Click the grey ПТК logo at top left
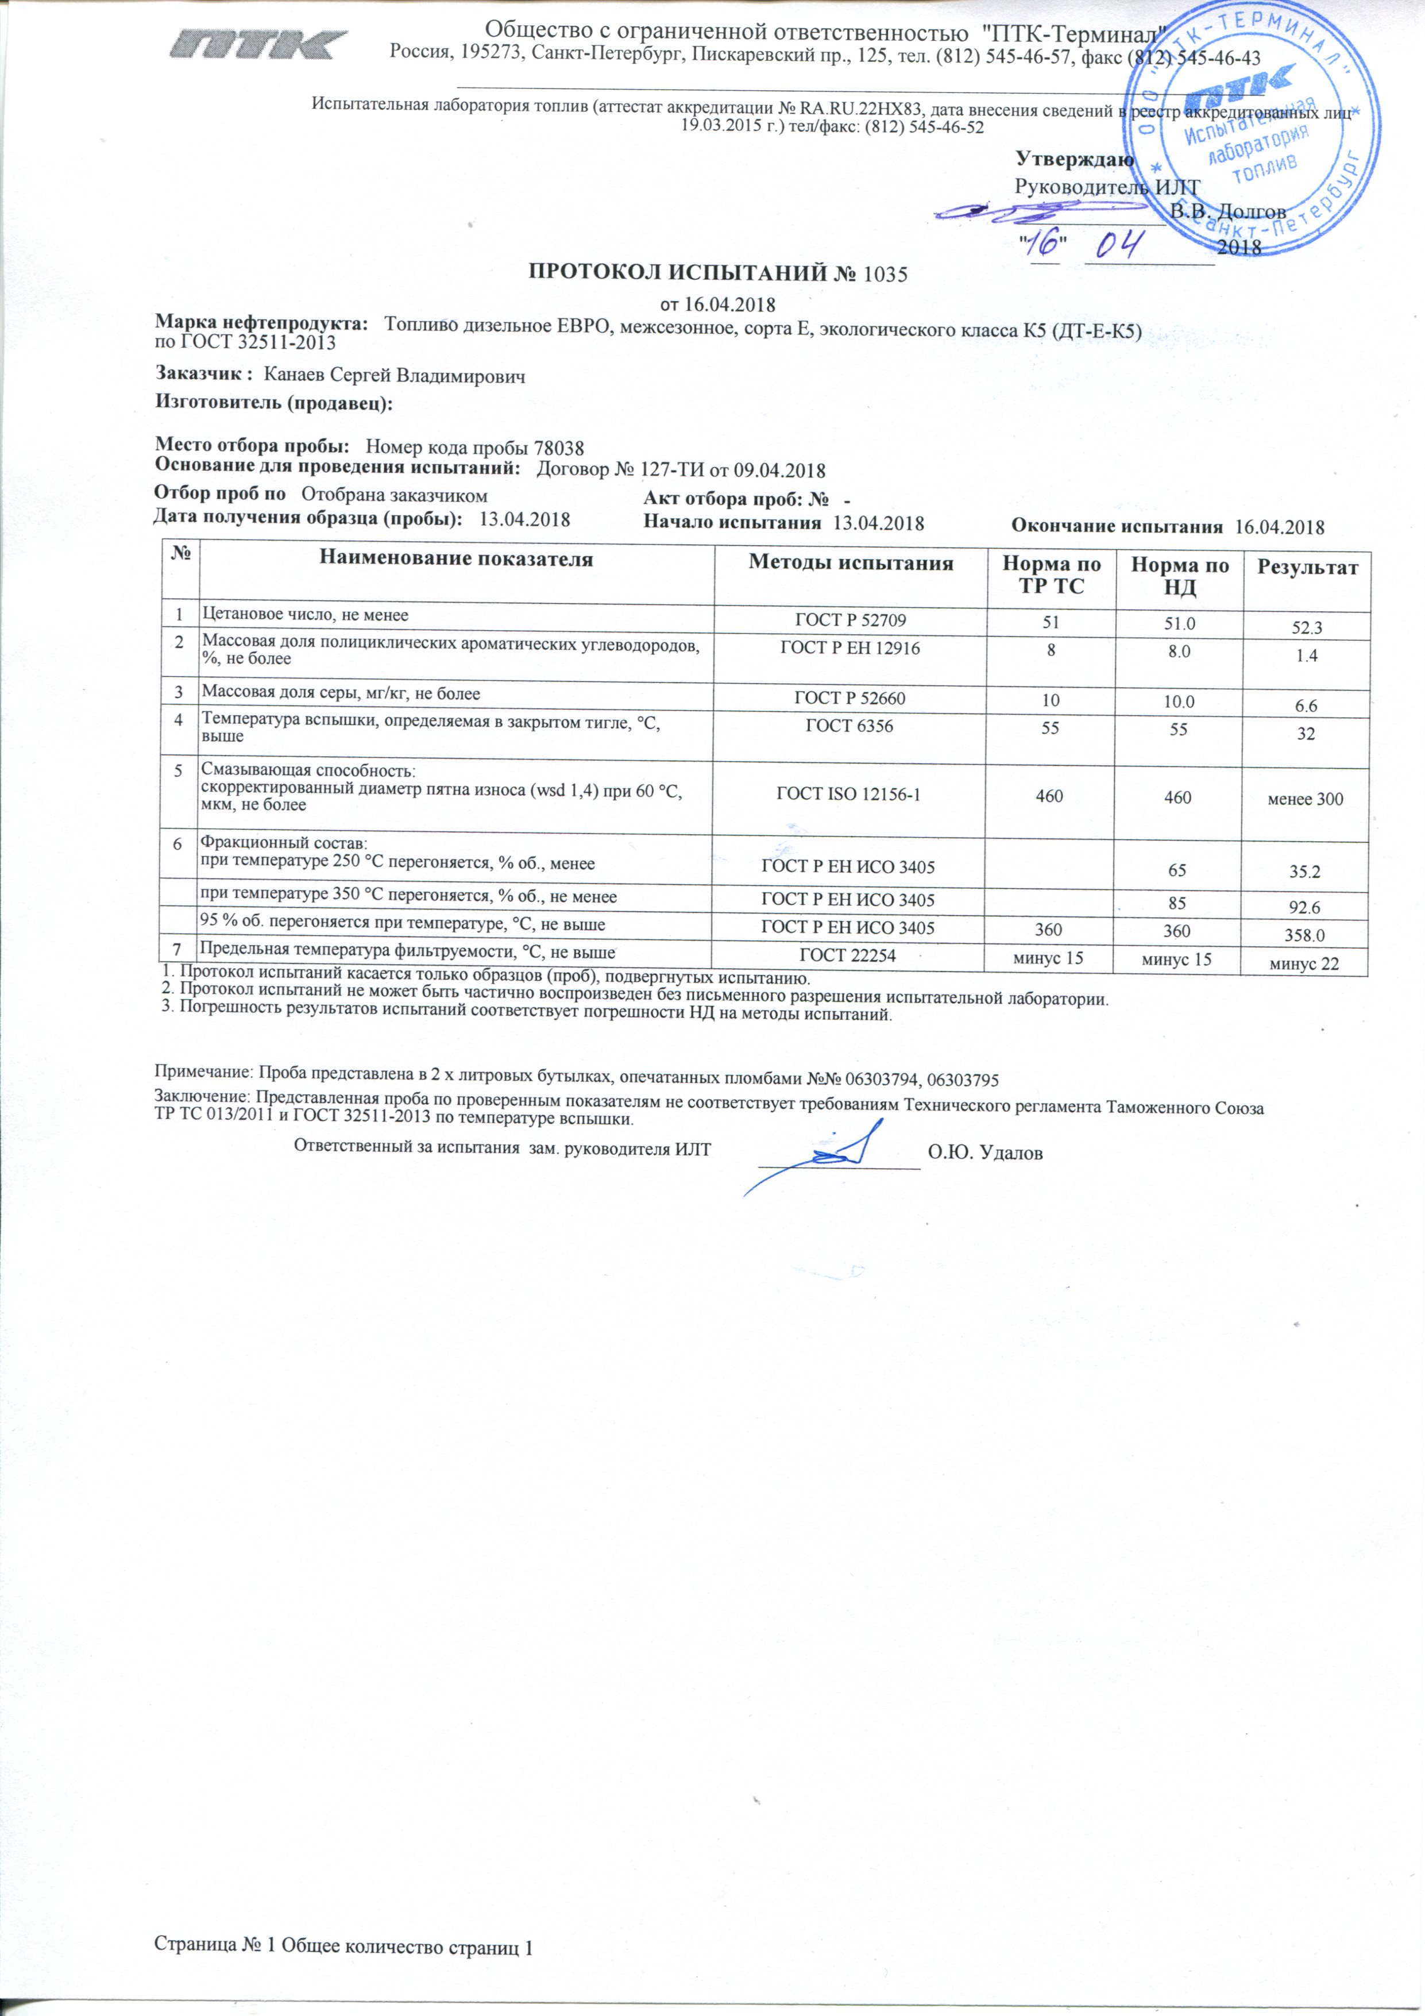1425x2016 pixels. pyautogui.click(x=259, y=44)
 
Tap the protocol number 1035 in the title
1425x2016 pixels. pyautogui.click(x=885, y=274)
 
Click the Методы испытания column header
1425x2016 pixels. pyautogui.click(x=850, y=563)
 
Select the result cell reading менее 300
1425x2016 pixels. pyautogui.click(x=1305, y=799)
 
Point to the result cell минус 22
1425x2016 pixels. pyautogui.click(x=1305, y=964)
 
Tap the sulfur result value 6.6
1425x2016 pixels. pyautogui.click(x=1306, y=705)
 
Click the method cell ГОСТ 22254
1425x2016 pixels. pyautogui.click(x=848, y=955)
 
